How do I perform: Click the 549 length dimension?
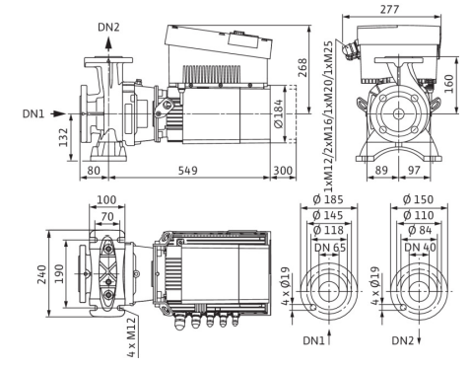pos(188,171)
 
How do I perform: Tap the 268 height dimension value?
pos(302,68)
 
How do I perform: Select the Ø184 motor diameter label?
pos(279,113)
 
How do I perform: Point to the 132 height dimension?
pos(63,137)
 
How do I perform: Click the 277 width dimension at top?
pos(389,9)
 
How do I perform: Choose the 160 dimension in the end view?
pos(449,84)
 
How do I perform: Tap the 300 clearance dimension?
pos(283,171)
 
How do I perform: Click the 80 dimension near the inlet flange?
pos(94,171)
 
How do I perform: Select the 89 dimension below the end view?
pos(381,170)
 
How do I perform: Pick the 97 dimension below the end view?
pos(414,170)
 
